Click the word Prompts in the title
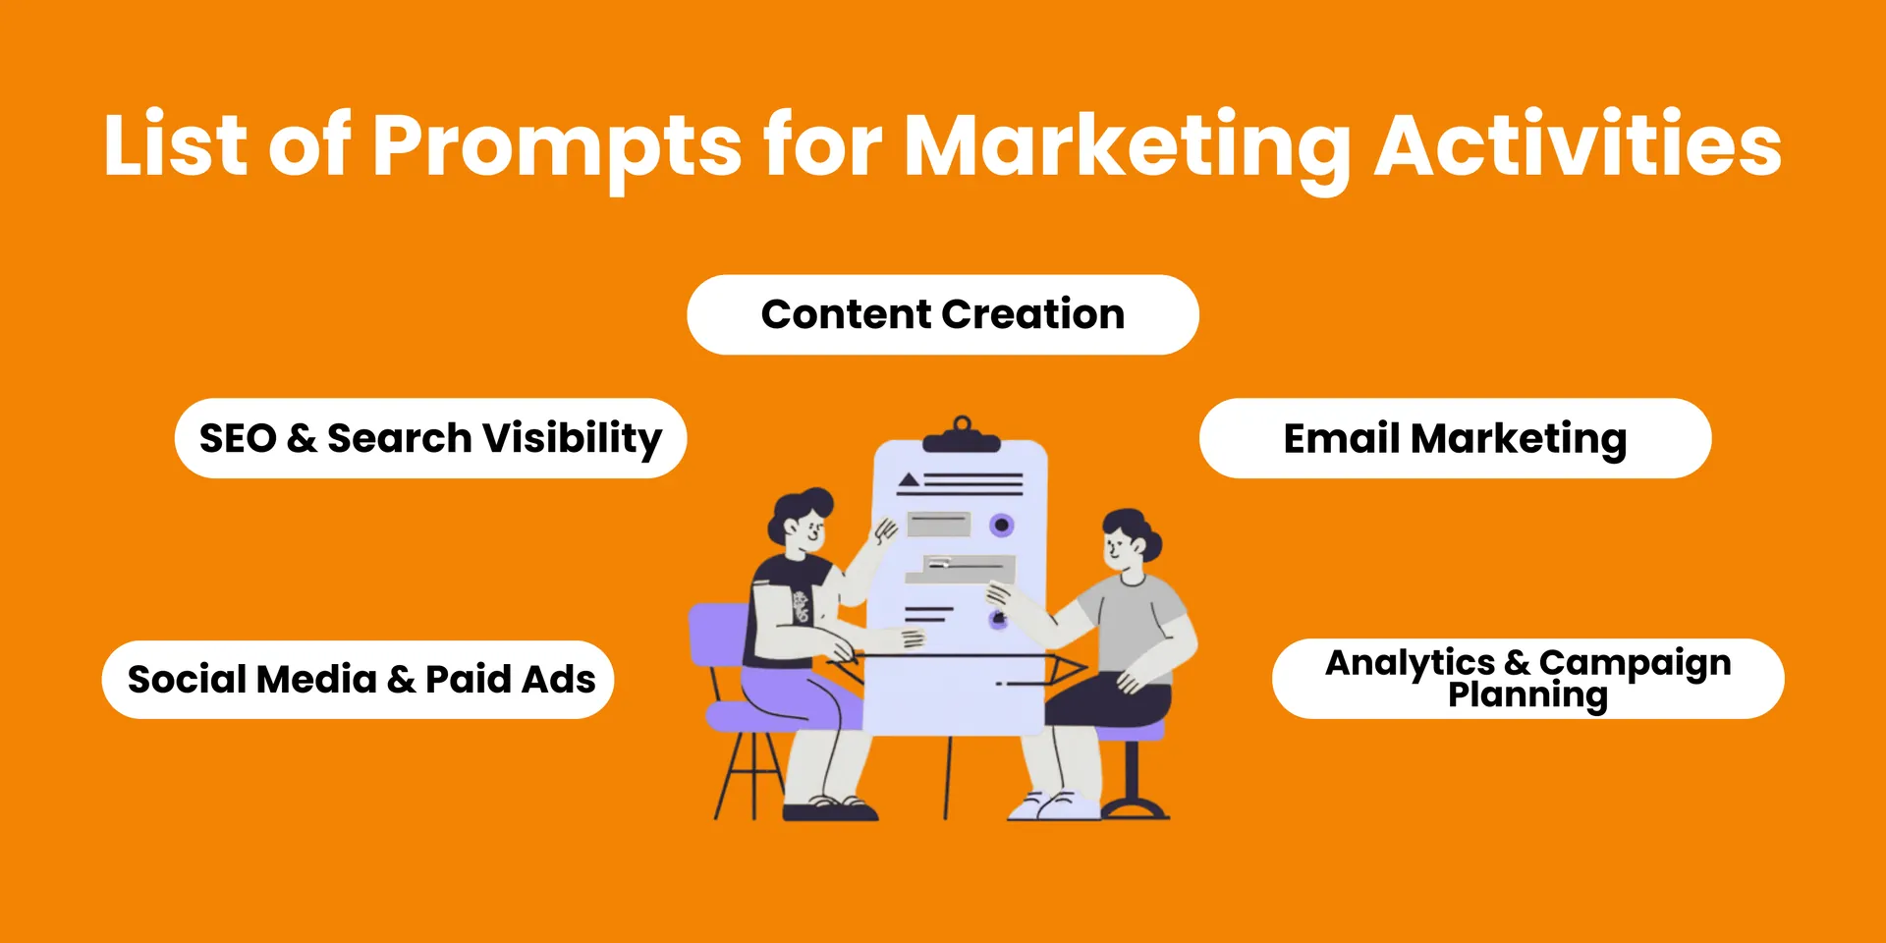[557, 147]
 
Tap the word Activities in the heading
[1578, 145]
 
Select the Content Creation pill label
[943, 314]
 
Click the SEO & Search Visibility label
[430, 439]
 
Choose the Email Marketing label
[1455, 439]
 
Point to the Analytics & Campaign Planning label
[1527, 679]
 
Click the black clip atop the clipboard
[962, 435]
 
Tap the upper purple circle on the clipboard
[1001, 526]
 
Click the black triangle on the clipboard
[909, 480]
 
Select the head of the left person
[800, 521]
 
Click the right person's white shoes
[1054, 806]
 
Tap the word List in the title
[175, 145]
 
